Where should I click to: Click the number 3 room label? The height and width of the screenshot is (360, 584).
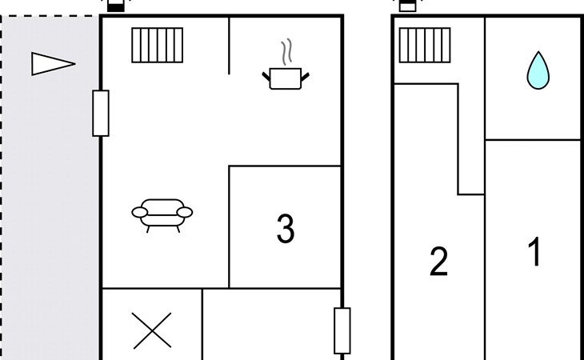(x=286, y=230)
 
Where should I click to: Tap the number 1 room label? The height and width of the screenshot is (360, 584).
(x=534, y=253)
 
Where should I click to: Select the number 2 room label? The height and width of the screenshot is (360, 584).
(x=438, y=262)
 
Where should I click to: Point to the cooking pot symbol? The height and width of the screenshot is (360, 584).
(x=286, y=78)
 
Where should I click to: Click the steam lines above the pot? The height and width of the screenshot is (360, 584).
(x=286, y=53)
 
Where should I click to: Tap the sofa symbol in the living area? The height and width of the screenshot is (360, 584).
(x=162, y=214)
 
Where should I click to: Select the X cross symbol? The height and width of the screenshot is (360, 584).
(x=152, y=330)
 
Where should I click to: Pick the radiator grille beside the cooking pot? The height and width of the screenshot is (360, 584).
(x=158, y=46)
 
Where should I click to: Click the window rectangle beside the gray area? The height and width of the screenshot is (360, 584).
(x=101, y=113)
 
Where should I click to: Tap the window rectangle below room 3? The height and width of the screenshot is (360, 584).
(x=342, y=330)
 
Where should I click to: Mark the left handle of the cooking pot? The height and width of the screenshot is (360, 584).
(x=266, y=76)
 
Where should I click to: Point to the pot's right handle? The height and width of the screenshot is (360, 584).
(x=305, y=76)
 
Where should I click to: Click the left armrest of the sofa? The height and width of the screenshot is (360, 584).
(x=140, y=212)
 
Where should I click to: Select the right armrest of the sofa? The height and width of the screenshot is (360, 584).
(x=185, y=212)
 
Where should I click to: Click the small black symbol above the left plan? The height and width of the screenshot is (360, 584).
(x=116, y=6)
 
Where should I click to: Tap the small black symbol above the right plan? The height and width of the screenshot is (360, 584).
(x=408, y=6)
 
